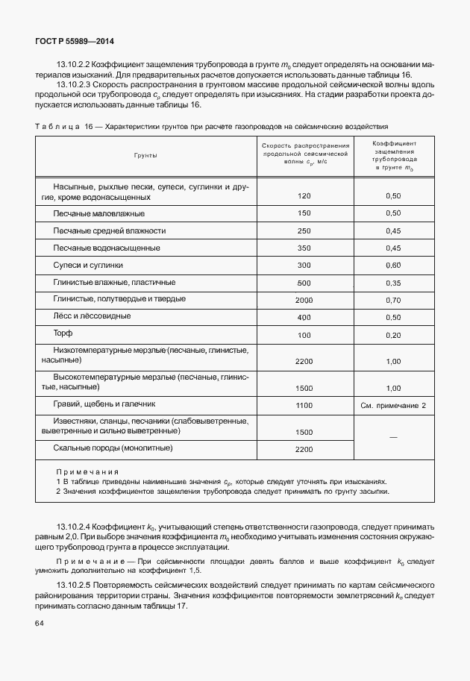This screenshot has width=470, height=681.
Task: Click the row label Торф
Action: click(63, 333)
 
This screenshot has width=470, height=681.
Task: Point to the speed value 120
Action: click(304, 196)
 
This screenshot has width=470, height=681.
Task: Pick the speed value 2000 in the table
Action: click(304, 300)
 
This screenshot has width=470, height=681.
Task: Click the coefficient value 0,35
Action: click(393, 283)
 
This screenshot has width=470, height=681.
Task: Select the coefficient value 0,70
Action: click(393, 300)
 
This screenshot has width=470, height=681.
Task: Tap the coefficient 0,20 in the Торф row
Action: click(393, 335)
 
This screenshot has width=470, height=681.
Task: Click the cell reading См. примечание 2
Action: click(393, 405)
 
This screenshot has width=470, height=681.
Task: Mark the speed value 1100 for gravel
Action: click(304, 405)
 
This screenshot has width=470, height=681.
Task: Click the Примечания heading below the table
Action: click(87, 471)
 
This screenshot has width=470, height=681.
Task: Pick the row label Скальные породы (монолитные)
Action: click(113, 448)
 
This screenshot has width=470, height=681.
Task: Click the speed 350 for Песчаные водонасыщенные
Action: click(304, 248)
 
